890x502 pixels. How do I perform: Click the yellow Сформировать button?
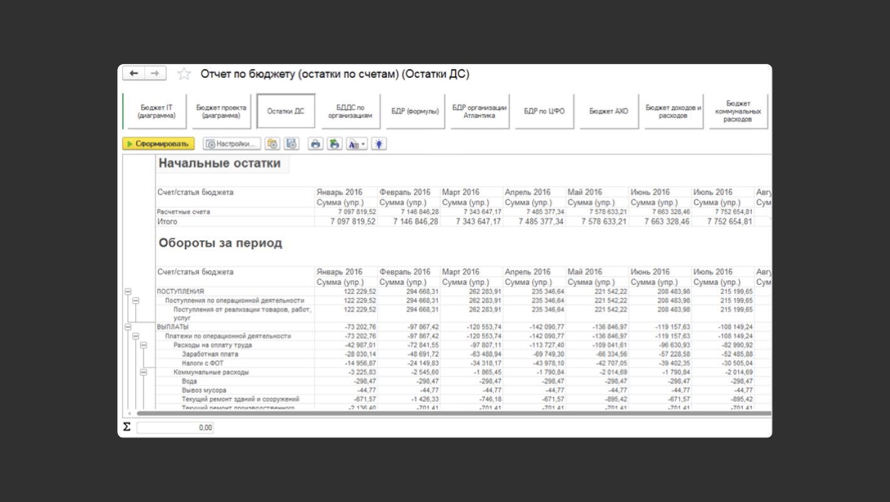pos(159,144)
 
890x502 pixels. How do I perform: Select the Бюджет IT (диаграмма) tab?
pos(157,111)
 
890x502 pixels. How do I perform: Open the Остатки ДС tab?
pos(286,111)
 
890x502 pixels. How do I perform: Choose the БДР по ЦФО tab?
pos(544,111)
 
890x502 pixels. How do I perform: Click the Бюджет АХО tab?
pos(609,111)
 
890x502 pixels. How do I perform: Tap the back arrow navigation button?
pos(133,73)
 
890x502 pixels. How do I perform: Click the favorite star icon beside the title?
pos(184,74)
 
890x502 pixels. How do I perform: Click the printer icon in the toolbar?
pos(315,144)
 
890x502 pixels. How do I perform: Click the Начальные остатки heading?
pos(219,164)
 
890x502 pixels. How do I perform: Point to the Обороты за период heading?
pos(220,243)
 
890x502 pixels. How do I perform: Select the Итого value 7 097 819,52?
pos(353,222)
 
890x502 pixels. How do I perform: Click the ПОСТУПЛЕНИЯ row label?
pos(181,291)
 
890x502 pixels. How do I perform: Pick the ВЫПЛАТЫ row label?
pos(172,327)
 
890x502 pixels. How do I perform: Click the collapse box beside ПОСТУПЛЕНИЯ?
pos(127,291)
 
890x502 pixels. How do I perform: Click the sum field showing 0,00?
pos(175,427)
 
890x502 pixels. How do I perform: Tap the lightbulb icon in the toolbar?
pos(379,144)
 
